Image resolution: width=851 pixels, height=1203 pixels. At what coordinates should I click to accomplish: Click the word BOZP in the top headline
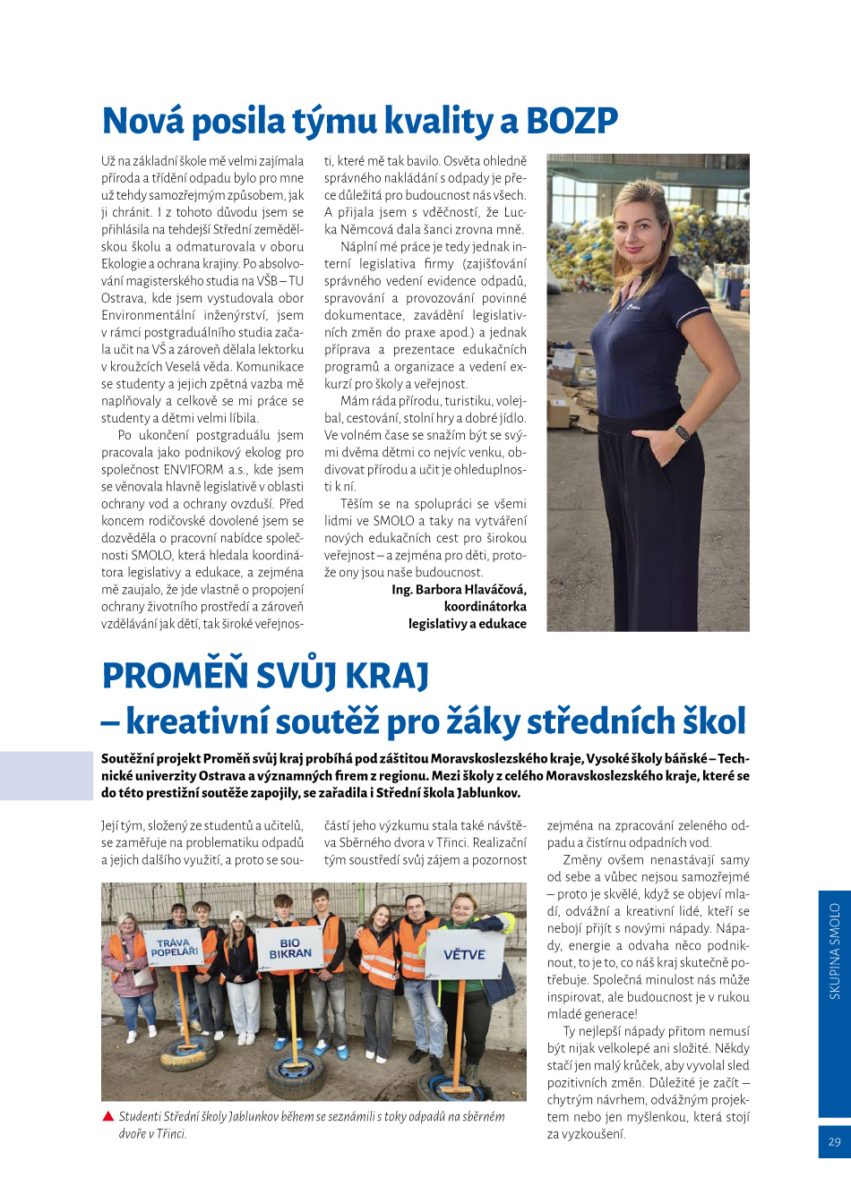point(572,120)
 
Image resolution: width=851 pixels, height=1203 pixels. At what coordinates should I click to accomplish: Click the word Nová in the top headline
point(142,120)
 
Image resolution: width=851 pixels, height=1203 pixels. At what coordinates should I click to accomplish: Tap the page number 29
point(834,1141)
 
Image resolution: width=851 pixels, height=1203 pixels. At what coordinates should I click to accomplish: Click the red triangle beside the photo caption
point(108,1116)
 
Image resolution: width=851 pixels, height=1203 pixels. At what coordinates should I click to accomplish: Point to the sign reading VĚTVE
point(464,954)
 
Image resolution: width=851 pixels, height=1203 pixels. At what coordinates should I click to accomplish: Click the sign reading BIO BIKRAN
point(290,948)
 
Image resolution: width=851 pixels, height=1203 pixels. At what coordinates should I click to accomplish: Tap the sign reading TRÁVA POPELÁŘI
point(175,947)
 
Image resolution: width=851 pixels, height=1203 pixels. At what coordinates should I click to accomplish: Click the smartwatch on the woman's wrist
point(682,432)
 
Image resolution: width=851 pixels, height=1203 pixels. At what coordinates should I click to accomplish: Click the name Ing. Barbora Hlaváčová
point(459,590)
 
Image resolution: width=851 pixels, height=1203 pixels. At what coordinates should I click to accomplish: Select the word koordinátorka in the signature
point(485,607)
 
